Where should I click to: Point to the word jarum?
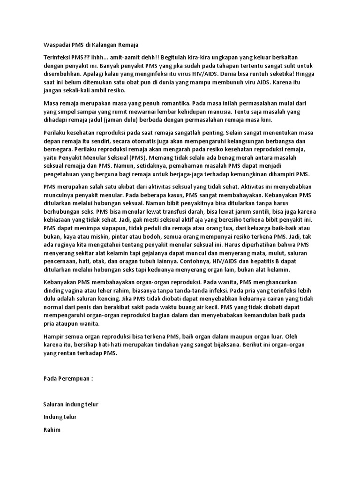coord(253,212)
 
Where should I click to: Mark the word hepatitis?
coord(249,262)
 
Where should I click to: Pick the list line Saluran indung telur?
coord(71,404)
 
